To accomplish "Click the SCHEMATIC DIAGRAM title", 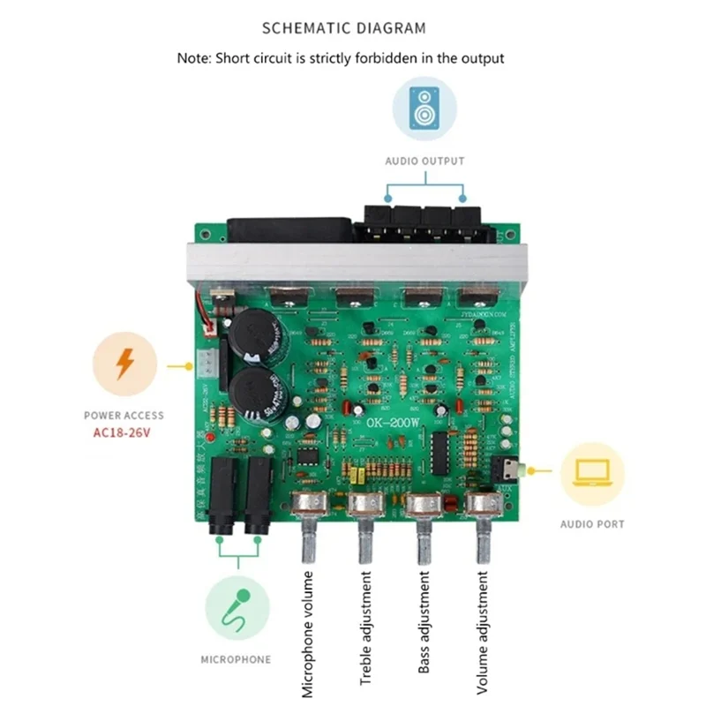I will [344, 28].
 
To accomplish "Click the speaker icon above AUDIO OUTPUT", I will [424, 109].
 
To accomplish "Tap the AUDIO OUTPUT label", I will [424, 161].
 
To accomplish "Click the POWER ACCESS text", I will [124, 415].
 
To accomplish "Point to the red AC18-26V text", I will [124, 432].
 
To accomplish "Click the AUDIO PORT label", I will [591, 524].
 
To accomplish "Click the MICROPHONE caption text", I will [236, 659].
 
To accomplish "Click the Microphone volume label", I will [307, 634].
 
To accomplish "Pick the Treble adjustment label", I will [365, 627].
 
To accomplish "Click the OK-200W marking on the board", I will [396, 422].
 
